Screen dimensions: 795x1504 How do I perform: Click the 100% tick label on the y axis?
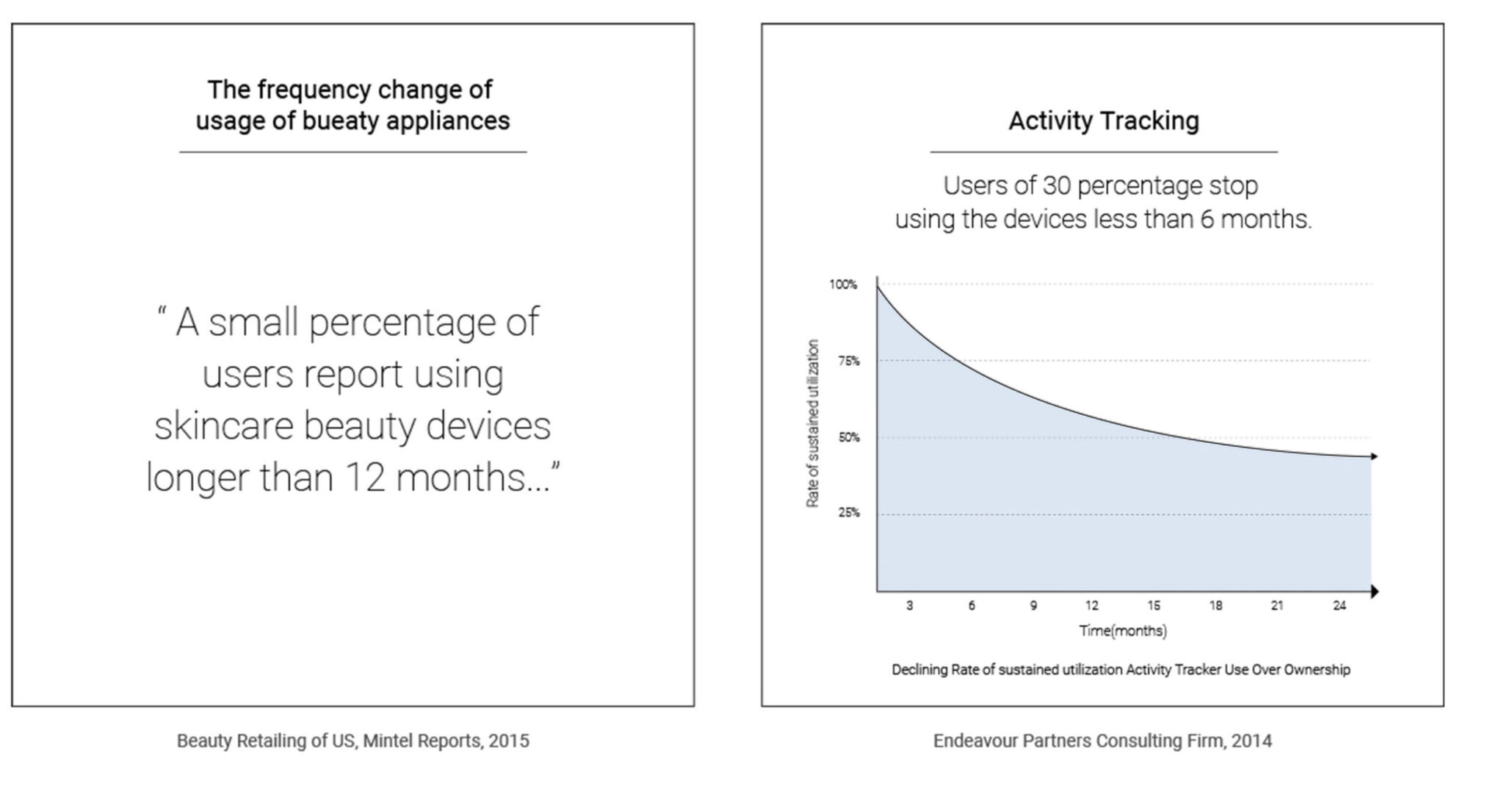843,284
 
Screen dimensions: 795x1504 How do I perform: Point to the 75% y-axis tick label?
848,361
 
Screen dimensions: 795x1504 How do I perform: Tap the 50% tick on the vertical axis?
848,437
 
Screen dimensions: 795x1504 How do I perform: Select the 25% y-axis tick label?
848,513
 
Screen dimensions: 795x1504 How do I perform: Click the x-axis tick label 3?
909,605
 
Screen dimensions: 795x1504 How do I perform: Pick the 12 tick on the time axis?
1091,605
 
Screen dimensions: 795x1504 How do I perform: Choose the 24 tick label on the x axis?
1339,605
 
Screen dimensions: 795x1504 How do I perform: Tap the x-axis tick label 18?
1215,605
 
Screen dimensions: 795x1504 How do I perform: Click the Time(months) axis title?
1122,630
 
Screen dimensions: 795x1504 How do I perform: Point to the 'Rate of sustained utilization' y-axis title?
812,423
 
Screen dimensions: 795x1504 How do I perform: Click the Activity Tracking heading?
1103,120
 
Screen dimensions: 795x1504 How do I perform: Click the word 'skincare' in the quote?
223,426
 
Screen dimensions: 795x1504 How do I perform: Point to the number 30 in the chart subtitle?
1056,186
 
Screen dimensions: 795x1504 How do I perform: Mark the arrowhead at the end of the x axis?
1374,591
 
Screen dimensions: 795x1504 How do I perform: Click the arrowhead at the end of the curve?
1374,457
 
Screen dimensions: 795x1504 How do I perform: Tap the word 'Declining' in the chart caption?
919,670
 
